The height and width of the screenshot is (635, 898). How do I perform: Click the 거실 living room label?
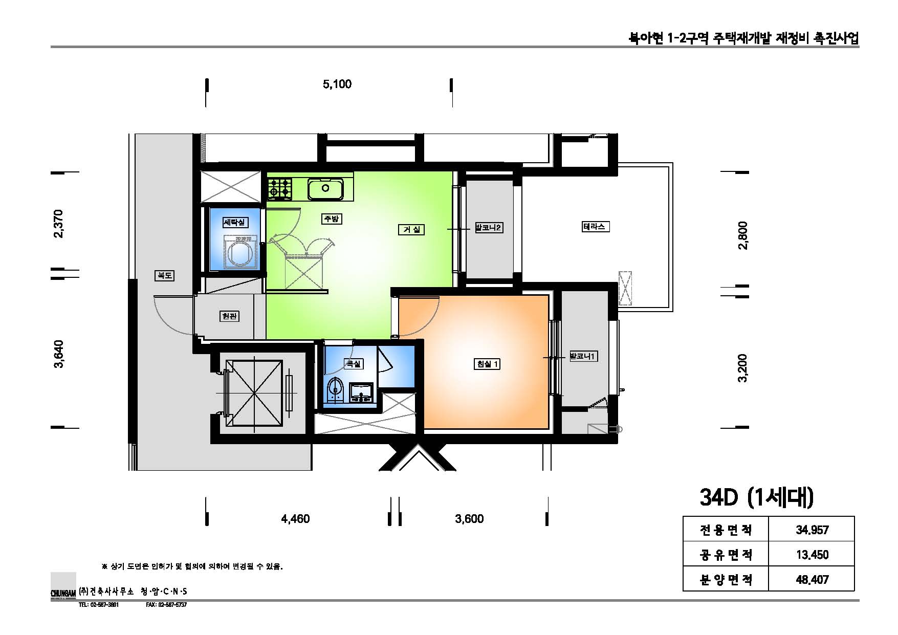[411, 230]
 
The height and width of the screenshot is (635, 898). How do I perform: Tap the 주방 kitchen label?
[331, 219]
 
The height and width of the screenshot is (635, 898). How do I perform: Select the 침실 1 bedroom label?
[487, 364]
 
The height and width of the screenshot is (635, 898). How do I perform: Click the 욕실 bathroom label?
[353, 364]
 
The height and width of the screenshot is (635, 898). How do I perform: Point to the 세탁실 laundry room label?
[235, 222]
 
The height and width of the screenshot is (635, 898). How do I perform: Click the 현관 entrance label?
[229, 316]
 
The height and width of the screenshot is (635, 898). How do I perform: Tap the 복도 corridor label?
[164, 275]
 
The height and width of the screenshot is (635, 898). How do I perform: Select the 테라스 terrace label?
[594, 226]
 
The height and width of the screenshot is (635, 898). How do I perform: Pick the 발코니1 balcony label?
[583, 356]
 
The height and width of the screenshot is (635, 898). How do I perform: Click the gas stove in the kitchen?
[279, 189]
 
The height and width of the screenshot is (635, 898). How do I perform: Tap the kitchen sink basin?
[325, 189]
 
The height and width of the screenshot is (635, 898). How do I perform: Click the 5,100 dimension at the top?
[337, 84]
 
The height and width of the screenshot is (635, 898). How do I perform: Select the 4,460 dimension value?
[295, 519]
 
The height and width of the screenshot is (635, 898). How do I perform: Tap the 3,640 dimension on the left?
[60, 354]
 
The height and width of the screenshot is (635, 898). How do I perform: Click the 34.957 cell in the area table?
[812, 530]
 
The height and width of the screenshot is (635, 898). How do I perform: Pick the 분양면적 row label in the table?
[726, 579]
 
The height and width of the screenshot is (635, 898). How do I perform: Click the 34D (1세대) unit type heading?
[756, 498]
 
